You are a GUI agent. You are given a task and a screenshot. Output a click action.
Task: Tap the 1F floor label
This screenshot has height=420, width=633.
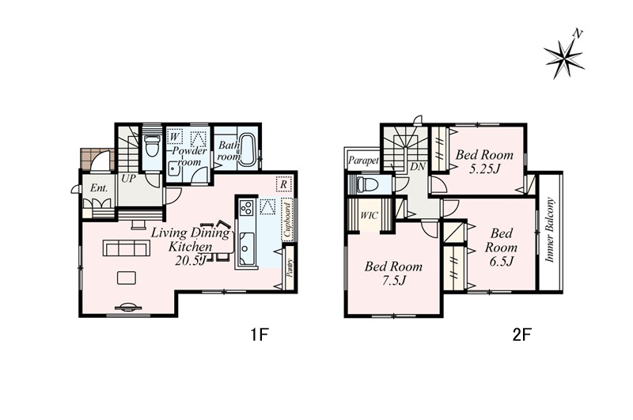point(260,335)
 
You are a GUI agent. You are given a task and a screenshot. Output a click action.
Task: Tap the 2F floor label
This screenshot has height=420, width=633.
point(522,335)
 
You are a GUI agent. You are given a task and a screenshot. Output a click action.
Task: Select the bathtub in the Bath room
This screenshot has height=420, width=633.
point(246,149)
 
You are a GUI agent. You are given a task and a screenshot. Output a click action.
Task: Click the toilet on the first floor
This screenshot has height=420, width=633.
point(152,146)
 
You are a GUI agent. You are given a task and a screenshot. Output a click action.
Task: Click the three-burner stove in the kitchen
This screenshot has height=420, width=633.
point(246,208)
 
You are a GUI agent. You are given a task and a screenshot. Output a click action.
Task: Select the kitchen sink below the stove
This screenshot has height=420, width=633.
point(246,248)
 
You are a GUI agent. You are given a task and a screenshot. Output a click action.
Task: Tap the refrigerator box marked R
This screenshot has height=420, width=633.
point(283,184)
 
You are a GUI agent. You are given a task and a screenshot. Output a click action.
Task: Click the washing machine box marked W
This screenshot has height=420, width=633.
point(175,137)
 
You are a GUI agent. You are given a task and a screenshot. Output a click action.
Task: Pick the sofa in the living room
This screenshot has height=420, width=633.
point(127,248)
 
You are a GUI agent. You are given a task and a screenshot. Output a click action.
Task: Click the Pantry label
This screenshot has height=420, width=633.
point(289,267)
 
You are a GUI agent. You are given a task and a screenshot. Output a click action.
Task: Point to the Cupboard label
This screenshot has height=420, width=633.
point(287,220)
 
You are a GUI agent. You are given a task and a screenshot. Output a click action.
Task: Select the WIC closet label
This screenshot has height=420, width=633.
point(369,215)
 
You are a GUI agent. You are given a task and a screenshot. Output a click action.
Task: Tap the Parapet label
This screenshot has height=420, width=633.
point(363,161)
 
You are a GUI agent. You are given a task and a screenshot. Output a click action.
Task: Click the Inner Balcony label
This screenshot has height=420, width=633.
point(550,230)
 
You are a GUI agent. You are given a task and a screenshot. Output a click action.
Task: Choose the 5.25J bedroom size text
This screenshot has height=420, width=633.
point(484,168)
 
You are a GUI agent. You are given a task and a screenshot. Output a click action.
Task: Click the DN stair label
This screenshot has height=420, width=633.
point(418,166)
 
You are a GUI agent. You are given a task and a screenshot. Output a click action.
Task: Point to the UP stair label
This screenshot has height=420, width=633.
point(128,178)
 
